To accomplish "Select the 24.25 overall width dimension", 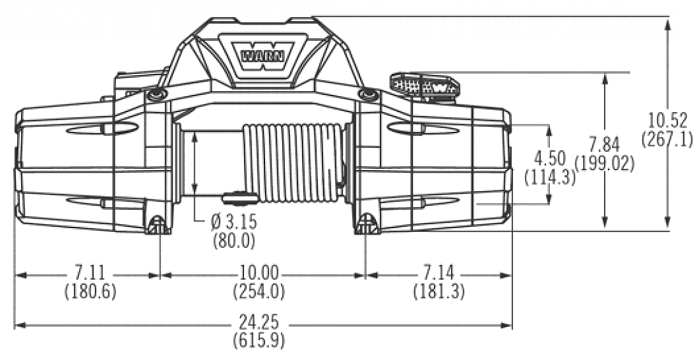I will pos(259,322).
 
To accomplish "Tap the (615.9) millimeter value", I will pos(259,339).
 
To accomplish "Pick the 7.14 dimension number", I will pos(438,273).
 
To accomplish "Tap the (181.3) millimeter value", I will pos(438,292).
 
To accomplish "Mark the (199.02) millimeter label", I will pos(604,164).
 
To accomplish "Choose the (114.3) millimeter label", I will pos(549,176).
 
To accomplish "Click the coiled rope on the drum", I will pos(293,162).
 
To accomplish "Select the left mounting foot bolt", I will pos(157,224).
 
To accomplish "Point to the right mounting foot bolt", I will pos(366,224).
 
